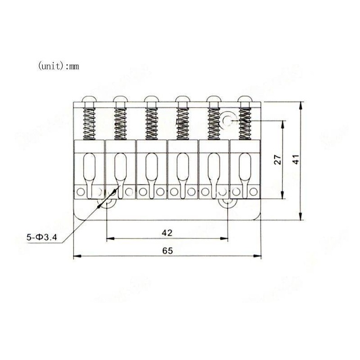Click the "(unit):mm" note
coord(58,66)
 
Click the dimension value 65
coord(167,251)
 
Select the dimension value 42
coord(167,233)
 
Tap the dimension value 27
coord(278,160)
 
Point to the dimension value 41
coord(295,160)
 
